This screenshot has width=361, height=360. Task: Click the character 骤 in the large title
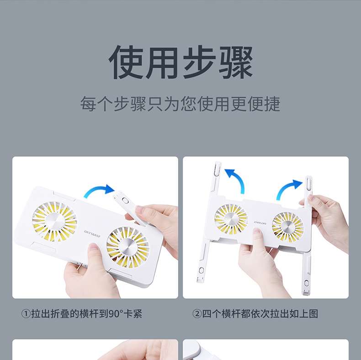pyautogui.click(x=235, y=63)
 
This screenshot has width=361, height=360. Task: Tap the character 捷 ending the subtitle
pyautogui.click(x=272, y=104)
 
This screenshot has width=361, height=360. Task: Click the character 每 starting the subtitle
pyautogui.click(x=88, y=104)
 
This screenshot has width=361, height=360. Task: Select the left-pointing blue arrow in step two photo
pyautogui.click(x=236, y=180)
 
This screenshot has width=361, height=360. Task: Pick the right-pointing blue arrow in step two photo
pyautogui.click(x=288, y=189)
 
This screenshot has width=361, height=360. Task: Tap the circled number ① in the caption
pyautogui.click(x=26, y=313)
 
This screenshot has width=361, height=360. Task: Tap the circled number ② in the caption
pyautogui.click(x=197, y=313)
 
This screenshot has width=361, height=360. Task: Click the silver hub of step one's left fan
pyautogui.click(x=55, y=221)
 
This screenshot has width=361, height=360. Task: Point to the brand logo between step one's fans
pyautogui.click(x=92, y=232)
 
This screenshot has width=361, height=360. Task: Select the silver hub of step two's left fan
pyautogui.click(x=231, y=218)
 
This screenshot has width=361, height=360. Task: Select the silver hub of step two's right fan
pyautogui.click(x=288, y=227)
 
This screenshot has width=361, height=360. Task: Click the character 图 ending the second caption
pyautogui.click(x=313, y=313)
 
